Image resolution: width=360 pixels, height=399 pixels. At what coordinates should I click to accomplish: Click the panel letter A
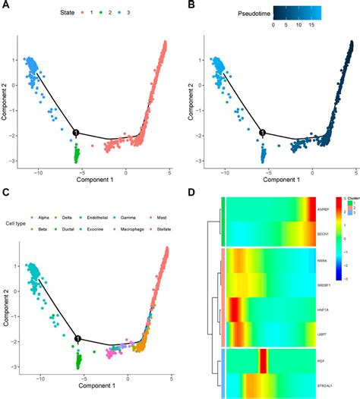click(x=5, y=6)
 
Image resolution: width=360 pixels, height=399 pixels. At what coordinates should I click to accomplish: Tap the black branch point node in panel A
click(x=76, y=133)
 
